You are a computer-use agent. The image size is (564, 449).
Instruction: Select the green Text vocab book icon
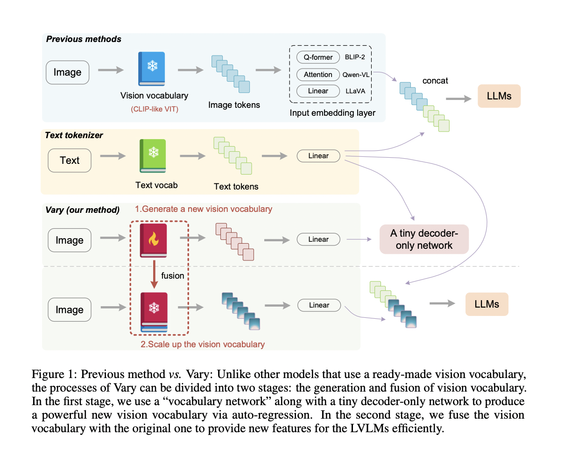[x=153, y=156]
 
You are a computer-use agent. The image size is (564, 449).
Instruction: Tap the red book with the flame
[x=153, y=240]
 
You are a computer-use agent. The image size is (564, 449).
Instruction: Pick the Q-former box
[x=318, y=57]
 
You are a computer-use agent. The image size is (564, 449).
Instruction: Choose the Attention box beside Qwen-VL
[x=318, y=74]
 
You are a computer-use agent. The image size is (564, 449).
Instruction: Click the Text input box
[x=70, y=161]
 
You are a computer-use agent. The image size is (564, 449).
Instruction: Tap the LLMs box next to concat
[x=499, y=97]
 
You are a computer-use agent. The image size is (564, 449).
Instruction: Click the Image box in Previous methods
[x=67, y=72]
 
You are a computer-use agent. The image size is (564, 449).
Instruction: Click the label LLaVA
[x=356, y=91]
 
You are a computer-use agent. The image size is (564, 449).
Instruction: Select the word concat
[x=435, y=81]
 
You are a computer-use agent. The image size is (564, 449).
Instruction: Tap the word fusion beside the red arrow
[x=173, y=276]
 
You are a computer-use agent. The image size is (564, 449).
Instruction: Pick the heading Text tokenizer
[x=74, y=135]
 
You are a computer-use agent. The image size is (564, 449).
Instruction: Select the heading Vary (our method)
[x=82, y=210]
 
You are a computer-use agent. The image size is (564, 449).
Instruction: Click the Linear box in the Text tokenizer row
[x=318, y=156]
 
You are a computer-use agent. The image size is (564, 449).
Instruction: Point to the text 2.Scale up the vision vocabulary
[x=203, y=344]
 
